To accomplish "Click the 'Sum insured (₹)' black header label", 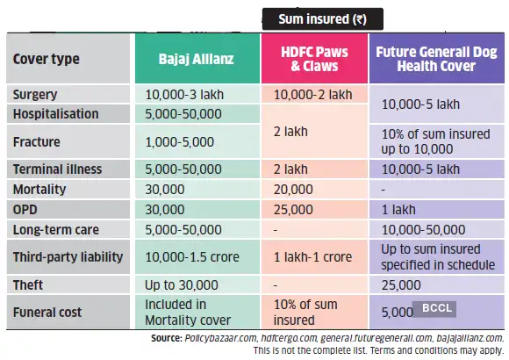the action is [x=322, y=19].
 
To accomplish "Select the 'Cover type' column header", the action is [x=47, y=59].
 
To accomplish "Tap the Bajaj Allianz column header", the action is [x=196, y=59].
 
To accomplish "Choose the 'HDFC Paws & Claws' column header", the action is [x=314, y=59].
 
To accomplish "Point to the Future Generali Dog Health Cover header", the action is [x=436, y=59].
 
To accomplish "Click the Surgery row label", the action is [x=35, y=95].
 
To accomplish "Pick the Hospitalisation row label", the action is [x=55, y=114].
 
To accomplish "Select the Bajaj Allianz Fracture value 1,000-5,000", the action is [x=180, y=142].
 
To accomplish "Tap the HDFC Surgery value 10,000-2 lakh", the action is [x=313, y=95].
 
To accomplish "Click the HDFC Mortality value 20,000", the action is [x=293, y=190].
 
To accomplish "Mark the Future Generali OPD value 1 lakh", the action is [x=398, y=210].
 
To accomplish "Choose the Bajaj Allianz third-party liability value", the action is [x=192, y=257].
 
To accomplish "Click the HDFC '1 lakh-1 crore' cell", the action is [x=312, y=257].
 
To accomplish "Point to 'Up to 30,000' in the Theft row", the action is [x=182, y=285].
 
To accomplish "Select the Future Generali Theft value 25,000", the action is [x=401, y=285].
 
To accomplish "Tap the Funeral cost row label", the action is [x=47, y=313].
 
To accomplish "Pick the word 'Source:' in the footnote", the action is [x=167, y=338].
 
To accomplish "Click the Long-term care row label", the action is [x=56, y=230].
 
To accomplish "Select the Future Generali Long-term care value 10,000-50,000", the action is [x=424, y=230].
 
